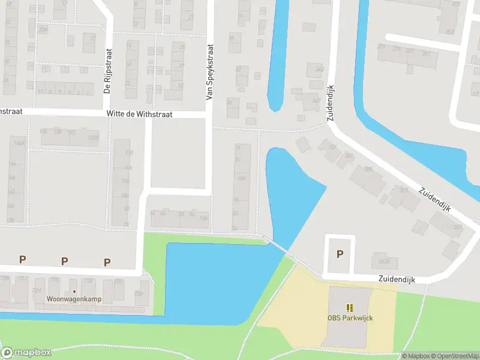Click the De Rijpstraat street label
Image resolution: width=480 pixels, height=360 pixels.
click(x=108, y=71)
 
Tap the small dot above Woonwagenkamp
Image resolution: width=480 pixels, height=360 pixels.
click(x=74, y=292)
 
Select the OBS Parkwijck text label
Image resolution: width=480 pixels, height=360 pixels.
click(x=350, y=317)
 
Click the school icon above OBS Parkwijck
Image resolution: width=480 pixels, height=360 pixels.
click(x=350, y=308)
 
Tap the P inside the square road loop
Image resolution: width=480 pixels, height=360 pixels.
click(x=340, y=254)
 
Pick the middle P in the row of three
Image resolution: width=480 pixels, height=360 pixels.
click(x=65, y=260)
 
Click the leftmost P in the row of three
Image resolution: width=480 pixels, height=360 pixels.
click(x=23, y=259)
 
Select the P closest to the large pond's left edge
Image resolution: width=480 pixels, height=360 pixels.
click(x=107, y=262)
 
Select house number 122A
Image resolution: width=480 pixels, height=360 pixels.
click(x=93, y=137)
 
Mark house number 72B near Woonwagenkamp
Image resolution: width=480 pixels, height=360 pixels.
click(x=139, y=293)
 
